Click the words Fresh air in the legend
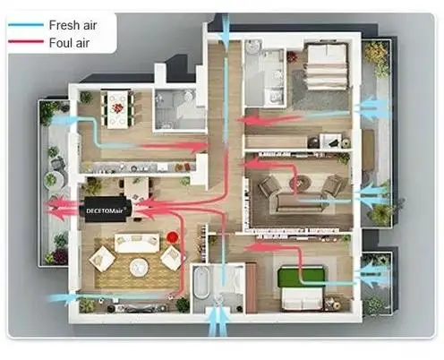73,25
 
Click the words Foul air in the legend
69,43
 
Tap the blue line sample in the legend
26,25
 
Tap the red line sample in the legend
26,41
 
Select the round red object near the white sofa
172,237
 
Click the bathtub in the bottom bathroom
201,282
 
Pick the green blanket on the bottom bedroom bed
301,278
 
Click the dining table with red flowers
117,109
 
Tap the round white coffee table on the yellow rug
139,266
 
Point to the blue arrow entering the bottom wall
218,321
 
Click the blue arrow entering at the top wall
226,29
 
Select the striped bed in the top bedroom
328,66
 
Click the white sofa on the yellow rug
137,243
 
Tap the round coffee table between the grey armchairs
301,182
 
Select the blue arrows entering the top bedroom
372,108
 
